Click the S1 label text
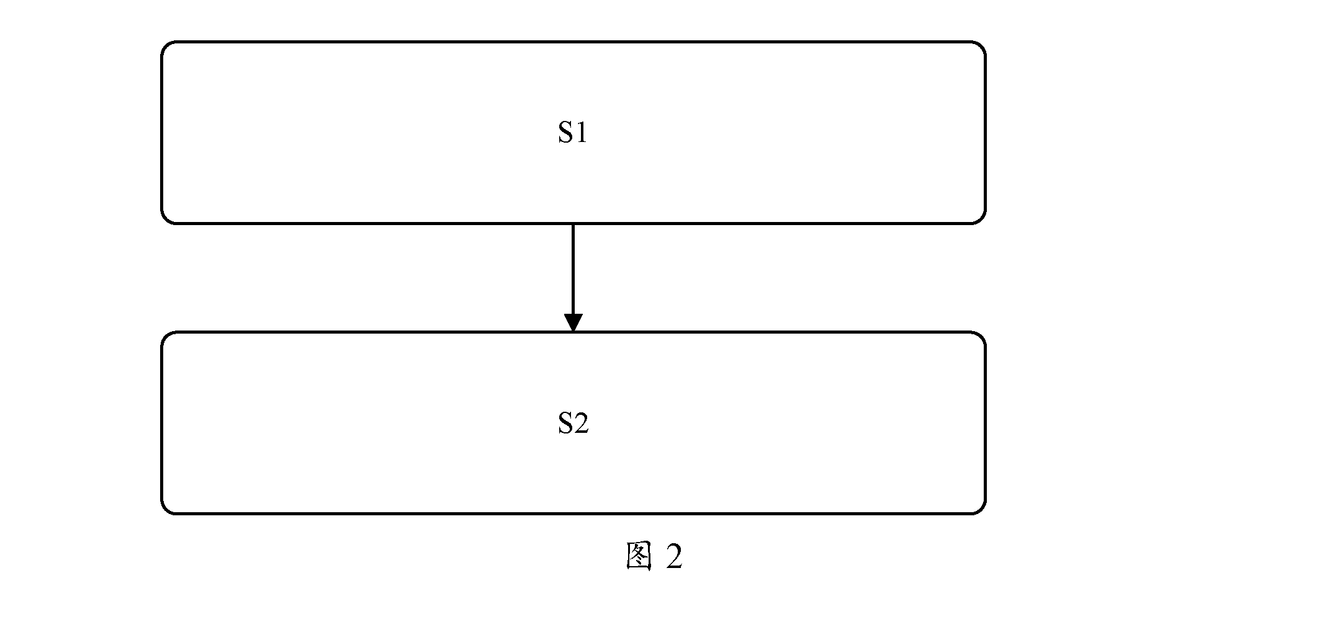pyautogui.click(x=572, y=133)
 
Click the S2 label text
pyautogui.click(x=573, y=423)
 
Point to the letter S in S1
pyautogui.click(x=565, y=133)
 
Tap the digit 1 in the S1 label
pyautogui.click(x=581, y=133)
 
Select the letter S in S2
pyautogui.click(x=565, y=423)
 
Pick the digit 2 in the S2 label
pyautogui.click(x=581, y=423)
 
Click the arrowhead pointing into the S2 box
pyautogui.click(x=573, y=322)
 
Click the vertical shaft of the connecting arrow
pyautogui.click(x=573, y=269)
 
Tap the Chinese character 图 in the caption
pyautogui.click(x=639, y=556)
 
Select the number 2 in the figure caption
pyautogui.click(x=674, y=556)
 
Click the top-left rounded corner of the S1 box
pyautogui.click(x=166, y=47)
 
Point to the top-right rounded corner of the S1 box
pyautogui.click(x=981, y=47)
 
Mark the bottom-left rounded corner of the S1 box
pyautogui.click(x=166, y=218)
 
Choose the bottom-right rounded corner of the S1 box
pyautogui.click(x=981, y=218)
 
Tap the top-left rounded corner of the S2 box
pyautogui.click(x=166, y=337)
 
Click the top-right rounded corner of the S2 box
pyautogui.click(x=981, y=337)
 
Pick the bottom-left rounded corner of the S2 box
pyautogui.click(x=166, y=509)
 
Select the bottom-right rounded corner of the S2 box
pyautogui.click(x=981, y=509)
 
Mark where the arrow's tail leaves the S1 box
pyautogui.click(x=573, y=224)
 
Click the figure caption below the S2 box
pyautogui.click(x=654, y=556)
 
